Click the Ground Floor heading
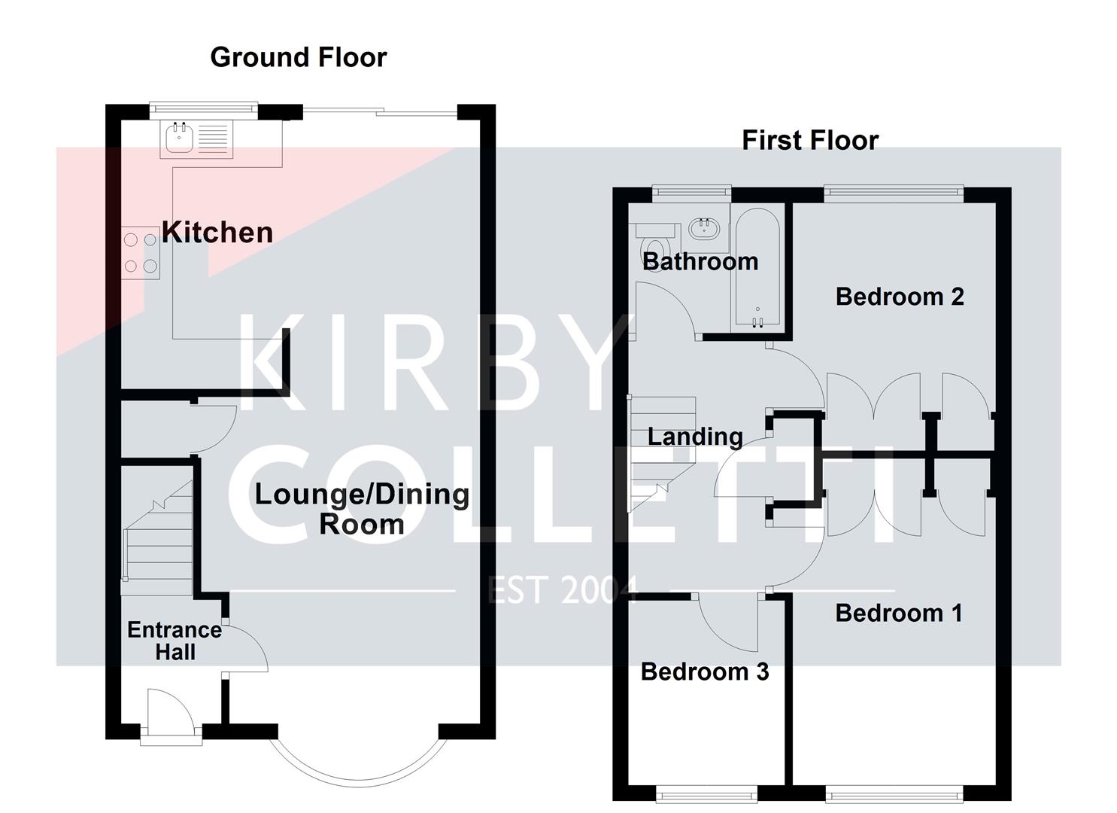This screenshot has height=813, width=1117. coord(298,57)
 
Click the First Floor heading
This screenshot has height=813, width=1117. coord(809,140)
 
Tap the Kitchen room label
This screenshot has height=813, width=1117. coord(217,232)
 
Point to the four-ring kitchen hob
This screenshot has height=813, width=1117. coord(141,253)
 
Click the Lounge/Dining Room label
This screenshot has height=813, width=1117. coord(362,508)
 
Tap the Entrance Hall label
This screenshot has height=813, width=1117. coord(175,641)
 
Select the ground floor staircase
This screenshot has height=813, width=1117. coord(158,538)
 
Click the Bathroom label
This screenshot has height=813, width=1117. coord(700,262)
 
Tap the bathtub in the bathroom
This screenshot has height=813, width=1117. coord(757,269)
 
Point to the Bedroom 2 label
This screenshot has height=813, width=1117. coord(900,297)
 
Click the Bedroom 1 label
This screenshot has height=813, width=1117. coord(899,614)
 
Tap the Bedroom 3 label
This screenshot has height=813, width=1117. coord(705,671)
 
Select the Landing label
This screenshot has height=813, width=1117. coord(695,437)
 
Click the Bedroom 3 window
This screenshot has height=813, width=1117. coord(706,793)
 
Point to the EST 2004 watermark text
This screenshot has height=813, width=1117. coord(563,589)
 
